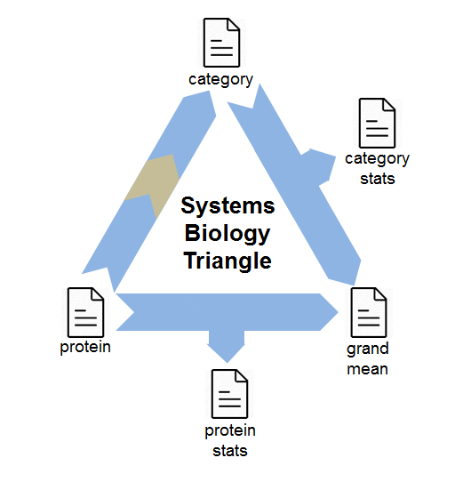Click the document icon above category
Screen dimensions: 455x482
tap(221, 43)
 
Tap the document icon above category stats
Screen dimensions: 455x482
tap(377, 123)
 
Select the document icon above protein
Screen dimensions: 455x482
tap(85, 312)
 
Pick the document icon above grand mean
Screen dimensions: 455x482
tap(369, 312)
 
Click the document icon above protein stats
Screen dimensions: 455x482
tap(229, 394)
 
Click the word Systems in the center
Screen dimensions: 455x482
tap(227, 205)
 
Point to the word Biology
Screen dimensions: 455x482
tap(227, 234)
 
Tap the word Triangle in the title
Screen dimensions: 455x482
tap(227, 261)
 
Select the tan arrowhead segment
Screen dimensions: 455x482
tap(152, 184)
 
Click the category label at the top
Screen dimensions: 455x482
tap(221, 80)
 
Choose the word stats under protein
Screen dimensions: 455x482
tap(230, 451)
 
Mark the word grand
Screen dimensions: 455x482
tap(368, 349)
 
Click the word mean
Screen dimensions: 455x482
tap(367, 369)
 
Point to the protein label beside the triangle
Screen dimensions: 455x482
tap(85, 348)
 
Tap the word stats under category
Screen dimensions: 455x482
tap(378, 179)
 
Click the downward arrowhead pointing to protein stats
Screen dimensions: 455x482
tap(227, 349)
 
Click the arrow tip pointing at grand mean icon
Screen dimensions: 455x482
tap(338, 312)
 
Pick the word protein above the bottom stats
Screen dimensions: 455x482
tap(230, 431)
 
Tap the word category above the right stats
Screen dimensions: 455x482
tap(378, 159)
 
